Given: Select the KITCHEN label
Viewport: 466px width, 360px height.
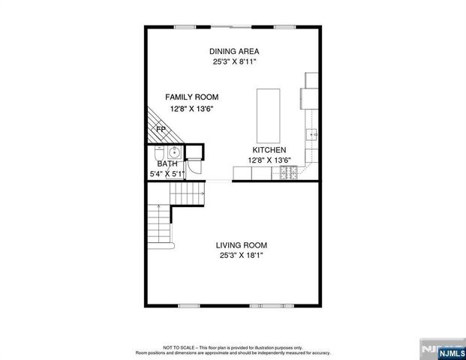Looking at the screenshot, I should (269, 150).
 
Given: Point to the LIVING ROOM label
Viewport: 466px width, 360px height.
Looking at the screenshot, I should (241, 245).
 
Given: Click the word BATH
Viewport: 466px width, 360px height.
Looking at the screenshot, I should (167, 163).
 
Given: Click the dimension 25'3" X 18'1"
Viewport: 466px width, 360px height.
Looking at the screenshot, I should (241, 256).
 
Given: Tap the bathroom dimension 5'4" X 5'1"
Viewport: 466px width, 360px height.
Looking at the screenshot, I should (167, 174).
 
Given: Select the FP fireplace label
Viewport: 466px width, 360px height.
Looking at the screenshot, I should (160, 130).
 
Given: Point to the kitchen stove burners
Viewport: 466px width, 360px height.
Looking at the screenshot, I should (288, 174).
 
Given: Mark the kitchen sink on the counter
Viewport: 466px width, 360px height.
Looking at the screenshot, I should (313, 135).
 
